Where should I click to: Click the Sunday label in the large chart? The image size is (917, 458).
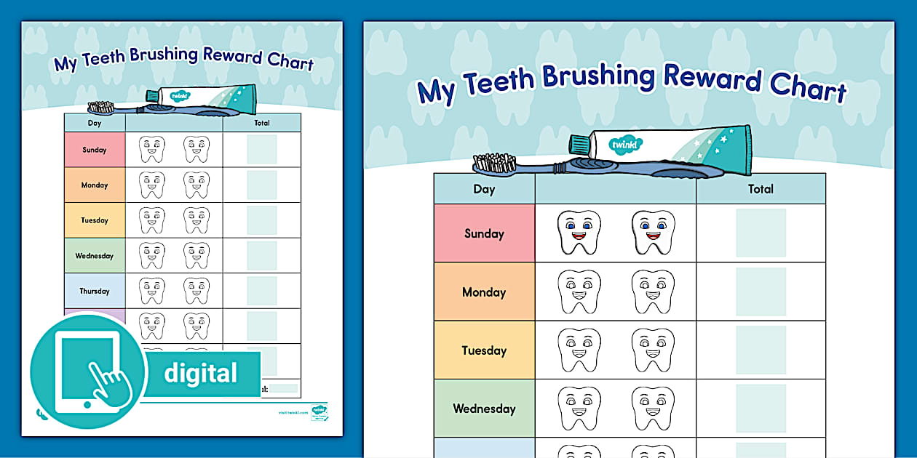(484, 233)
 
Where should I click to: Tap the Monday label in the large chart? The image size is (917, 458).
(484, 292)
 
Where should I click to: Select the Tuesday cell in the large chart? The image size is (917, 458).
(484, 350)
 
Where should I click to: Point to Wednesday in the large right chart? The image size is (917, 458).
(484, 409)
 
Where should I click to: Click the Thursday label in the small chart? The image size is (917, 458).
(95, 291)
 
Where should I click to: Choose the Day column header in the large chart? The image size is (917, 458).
(484, 189)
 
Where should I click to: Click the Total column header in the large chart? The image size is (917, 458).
(761, 189)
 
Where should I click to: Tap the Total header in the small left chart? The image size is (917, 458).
(262, 123)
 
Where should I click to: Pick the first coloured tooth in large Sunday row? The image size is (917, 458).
(579, 233)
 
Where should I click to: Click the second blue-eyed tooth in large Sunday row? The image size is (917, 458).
(653, 233)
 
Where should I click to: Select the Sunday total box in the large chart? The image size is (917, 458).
(761, 233)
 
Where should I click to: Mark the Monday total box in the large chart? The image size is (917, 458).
(761, 292)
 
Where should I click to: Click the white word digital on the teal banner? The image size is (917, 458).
(200, 374)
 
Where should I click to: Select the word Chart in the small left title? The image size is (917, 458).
(290, 63)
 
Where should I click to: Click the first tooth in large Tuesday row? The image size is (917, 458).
(579, 350)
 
